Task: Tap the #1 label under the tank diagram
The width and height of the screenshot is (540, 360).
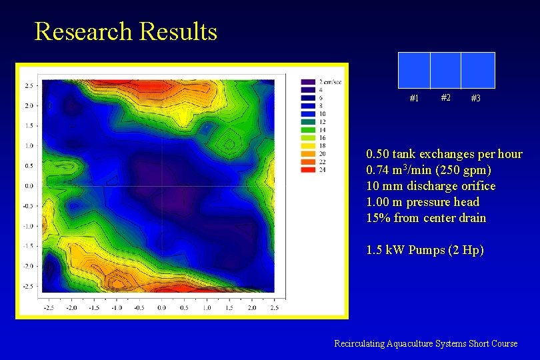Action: (413, 99)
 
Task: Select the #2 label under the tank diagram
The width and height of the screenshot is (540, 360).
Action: (445, 97)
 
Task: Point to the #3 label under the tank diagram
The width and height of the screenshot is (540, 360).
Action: (476, 99)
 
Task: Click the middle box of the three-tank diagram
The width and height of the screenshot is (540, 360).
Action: (445, 69)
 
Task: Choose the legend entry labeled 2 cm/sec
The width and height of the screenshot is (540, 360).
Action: (330, 82)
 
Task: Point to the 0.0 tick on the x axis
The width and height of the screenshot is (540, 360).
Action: (162, 308)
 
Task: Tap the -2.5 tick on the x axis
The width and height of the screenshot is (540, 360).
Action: (49, 308)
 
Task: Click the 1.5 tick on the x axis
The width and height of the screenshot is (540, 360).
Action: (229, 308)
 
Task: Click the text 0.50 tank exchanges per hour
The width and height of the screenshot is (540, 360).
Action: (444, 154)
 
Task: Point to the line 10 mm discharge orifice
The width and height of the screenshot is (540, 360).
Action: (431, 186)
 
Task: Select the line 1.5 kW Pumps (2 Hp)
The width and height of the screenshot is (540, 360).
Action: (425, 251)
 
